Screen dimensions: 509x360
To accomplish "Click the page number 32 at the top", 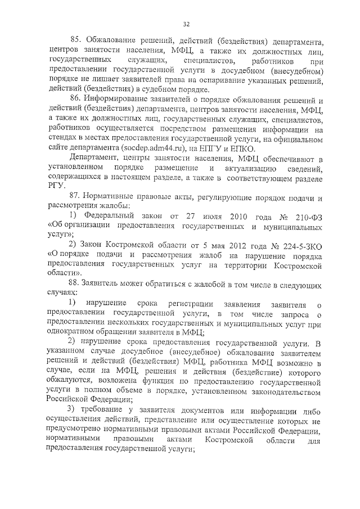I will coord(186,24).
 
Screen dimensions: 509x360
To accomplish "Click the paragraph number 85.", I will coord(76,41).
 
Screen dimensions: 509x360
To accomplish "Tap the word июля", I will coord(192,231).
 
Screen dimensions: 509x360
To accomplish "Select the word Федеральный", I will coord(110,231).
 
